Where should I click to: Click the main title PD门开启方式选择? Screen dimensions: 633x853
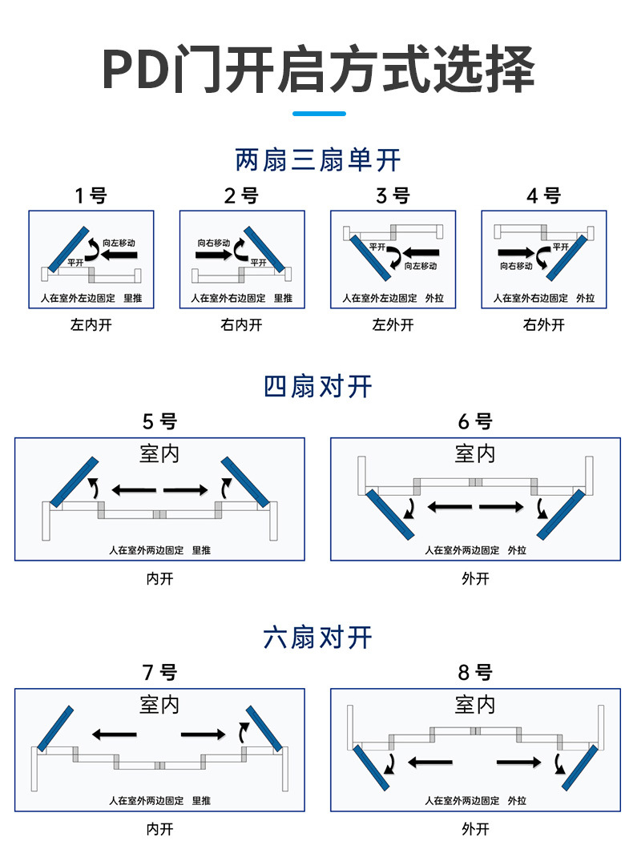coord(318,70)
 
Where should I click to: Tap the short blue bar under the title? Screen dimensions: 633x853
coord(318,114)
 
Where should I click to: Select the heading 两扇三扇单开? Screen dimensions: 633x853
coord(318,160)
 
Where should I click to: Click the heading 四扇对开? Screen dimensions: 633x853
coord(318,387)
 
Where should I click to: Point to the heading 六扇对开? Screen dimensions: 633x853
coord(318,638)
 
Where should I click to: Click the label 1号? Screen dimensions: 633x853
coord(91,195)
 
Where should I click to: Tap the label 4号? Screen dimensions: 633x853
coord(543,195)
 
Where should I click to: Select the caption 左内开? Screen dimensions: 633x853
coord(91,325)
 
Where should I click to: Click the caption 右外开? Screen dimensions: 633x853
coord(543,325)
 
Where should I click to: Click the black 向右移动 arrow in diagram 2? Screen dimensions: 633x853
coord(212,255)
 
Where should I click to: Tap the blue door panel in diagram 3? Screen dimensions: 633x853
coord(371,257)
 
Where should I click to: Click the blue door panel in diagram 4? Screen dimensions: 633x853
coord(566,257)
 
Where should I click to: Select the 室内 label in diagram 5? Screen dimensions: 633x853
coord(159,454)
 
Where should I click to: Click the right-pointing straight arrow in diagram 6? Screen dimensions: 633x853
coord(502,506)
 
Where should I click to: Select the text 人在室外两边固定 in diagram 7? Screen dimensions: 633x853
coord(147,800)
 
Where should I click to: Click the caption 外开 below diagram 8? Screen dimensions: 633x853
coord(475,829)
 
